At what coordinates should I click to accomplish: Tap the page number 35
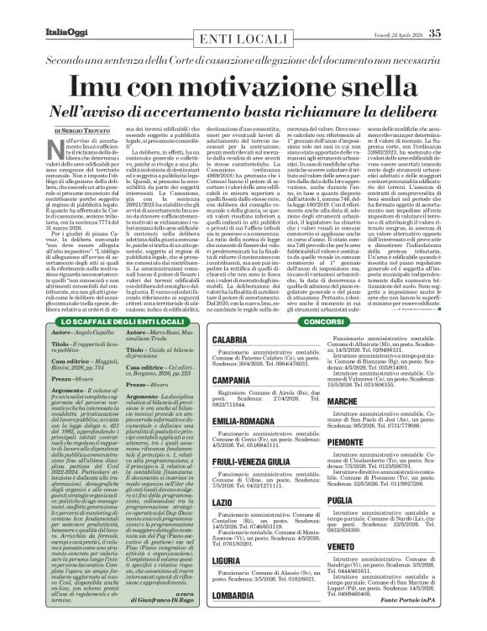458,10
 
